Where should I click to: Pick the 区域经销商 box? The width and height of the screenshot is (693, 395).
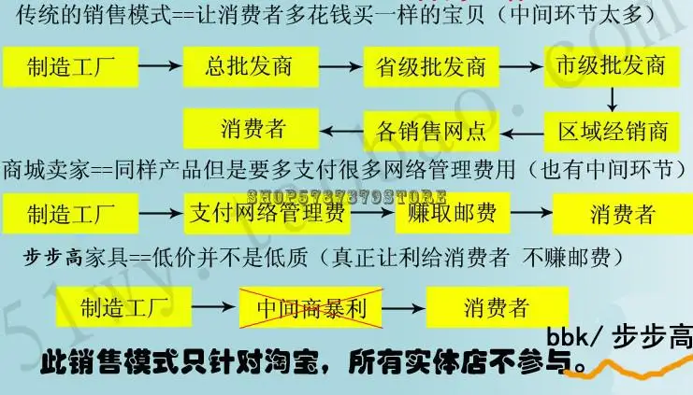click(x=610, y=129)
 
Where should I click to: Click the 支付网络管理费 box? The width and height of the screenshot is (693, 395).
click(x=267, y=214)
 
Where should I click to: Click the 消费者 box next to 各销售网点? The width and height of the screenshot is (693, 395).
click(x=253, y=128)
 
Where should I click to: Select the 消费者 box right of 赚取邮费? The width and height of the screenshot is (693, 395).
click(x=621, y=214)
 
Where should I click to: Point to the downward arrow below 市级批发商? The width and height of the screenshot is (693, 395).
click(x=612, y=98)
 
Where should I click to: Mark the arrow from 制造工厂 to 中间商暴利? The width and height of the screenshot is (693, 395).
click(x=217, y=305)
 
